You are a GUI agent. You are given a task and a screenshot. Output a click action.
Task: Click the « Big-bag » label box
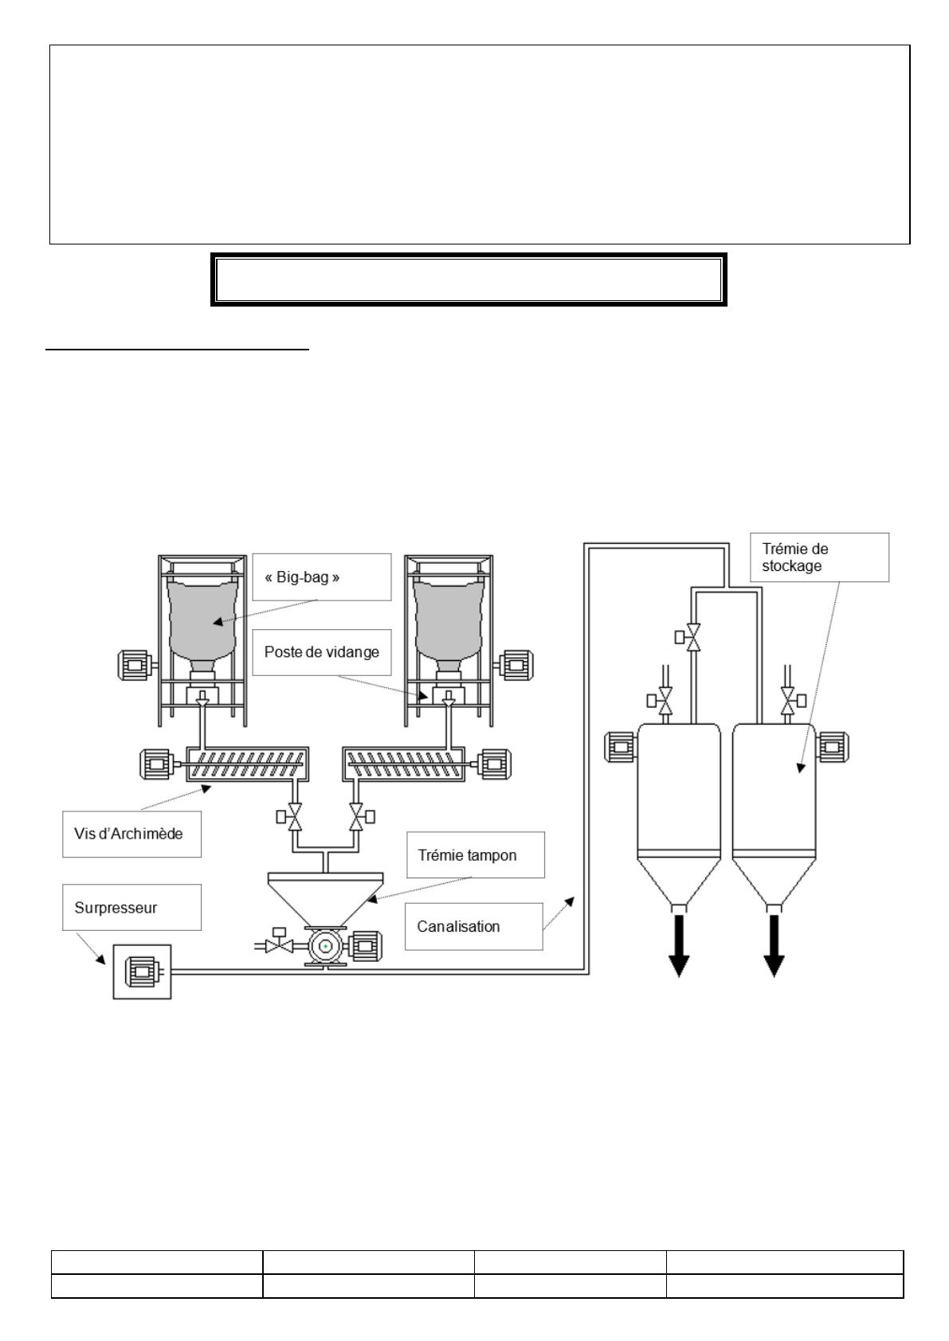(321, 577)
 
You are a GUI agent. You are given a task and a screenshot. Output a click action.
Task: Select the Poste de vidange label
(321, 652)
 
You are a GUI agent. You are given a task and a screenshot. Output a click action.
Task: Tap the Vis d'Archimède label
(131, 834)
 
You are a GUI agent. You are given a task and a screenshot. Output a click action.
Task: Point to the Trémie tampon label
(476, 855)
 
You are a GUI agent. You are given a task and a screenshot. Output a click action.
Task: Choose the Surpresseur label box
(131, 907)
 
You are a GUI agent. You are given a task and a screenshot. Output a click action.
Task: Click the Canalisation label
(474, 926)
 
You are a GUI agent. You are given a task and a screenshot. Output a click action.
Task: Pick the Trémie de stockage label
(820, 557)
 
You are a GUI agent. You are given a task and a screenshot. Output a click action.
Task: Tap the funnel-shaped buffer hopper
(325, 899)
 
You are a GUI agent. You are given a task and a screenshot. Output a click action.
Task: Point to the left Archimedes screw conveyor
(248, 764)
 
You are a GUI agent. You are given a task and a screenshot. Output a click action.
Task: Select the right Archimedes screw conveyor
(404, 764)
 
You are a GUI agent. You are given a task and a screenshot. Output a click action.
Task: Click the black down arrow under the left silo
(679, 945)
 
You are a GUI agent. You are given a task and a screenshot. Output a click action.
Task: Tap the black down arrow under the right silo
(774, 945)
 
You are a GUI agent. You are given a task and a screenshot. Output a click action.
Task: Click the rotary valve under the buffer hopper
(325, 947)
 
